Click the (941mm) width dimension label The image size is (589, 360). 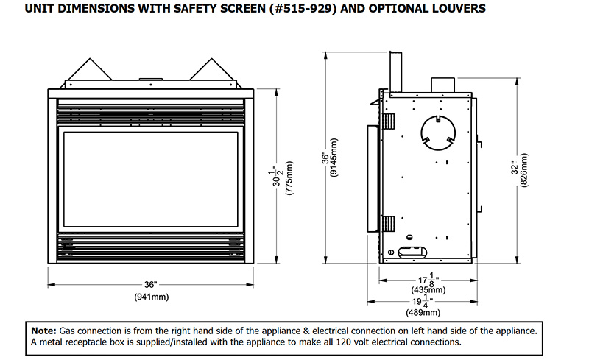(x=151, y=297)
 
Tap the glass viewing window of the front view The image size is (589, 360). (x=151, y=180)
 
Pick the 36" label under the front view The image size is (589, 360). (x=151, y=284)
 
